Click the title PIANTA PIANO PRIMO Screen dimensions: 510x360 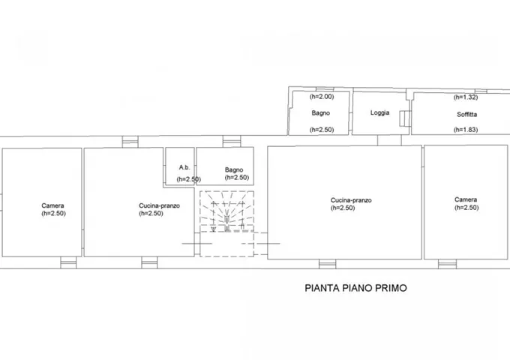(x=355, y=288)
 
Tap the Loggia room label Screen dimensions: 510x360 (x=379, y=112)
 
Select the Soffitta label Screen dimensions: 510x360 (x=466, y=115)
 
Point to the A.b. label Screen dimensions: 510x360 (x=184, y=167)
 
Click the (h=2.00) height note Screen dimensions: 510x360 (x=321, y=97)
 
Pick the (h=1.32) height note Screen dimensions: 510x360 (x=466, y=97)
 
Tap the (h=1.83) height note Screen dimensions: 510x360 (x=466, y=130)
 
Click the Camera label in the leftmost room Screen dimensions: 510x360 (x=52, y=205)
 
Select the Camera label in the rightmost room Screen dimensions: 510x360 (x=466, y=199)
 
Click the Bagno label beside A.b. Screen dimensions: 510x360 (x=234, y=169)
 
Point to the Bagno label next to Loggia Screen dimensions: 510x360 (x=321, y=113)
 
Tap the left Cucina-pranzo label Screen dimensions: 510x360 (x=159, y=205)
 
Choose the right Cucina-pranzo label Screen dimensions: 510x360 (x=351, y=200)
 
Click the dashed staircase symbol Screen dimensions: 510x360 (x=226, y=223)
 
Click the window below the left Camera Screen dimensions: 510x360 (x=68, y=262)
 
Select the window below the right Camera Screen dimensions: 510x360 (x=447, y=264)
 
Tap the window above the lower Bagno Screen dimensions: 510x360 (x=232, y=142)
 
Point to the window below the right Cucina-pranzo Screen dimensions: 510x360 (x=327, y=264)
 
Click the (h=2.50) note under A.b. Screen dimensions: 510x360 (x=189, y=179)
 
